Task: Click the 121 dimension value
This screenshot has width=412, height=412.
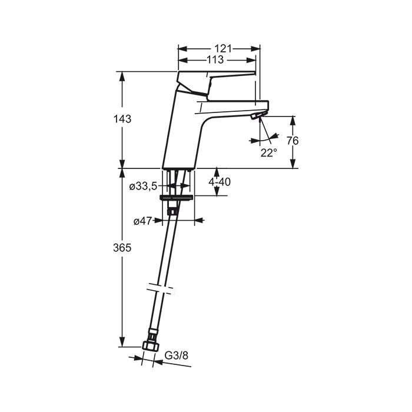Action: click(223, 49)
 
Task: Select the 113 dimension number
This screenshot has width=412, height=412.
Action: click(215, 60)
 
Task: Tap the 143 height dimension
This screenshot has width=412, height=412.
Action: click(122, 119)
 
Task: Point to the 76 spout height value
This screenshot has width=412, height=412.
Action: click(293, 141)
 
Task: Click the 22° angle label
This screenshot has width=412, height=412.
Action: click(268, 152)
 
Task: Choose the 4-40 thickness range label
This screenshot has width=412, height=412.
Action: click(220, 182)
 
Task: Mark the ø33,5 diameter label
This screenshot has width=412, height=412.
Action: click(143, 187)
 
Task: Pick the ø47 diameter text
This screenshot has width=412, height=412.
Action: click(142, 221)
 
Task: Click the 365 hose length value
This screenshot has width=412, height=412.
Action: click(122, 248)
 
